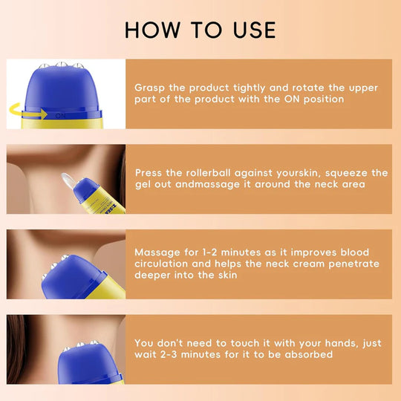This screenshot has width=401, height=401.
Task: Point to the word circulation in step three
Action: click(166, 264)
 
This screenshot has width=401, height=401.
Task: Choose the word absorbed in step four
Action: click(309, 355)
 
